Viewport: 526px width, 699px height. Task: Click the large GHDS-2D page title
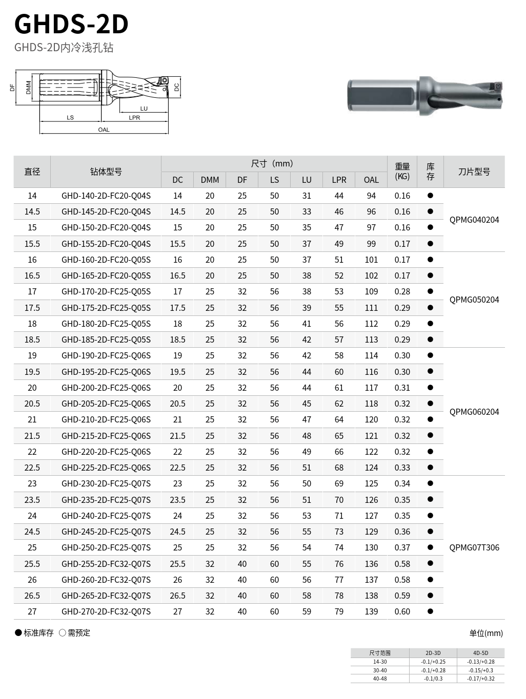click(x=71, y=24)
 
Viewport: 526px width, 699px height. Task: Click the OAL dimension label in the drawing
click(x=104, y=130)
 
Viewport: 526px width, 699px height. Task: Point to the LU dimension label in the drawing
click(x=144, y=109)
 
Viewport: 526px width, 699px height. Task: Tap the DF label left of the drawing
click(x=12, y=88)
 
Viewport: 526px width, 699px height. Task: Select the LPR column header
click(x=339, y=180)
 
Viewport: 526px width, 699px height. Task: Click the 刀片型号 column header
click(x=474, y=172)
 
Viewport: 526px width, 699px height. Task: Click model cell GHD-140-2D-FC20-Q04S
click(x=106, y=196)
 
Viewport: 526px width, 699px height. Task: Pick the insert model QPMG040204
click(x=474, y=220)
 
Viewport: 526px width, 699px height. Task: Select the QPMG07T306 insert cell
click(x=474, y=547)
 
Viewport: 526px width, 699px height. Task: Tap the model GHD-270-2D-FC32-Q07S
click(x=106, y=611)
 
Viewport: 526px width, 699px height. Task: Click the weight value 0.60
click(x=402, y=611)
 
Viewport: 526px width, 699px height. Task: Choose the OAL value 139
click(x=371, y=611)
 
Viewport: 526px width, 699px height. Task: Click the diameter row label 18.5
click(x=32, y=340)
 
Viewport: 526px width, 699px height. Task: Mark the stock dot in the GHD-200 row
click(x=430, y=388)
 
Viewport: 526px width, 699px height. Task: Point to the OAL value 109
click(x=371, y=291)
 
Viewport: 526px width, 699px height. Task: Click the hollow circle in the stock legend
click(x=63, y=633)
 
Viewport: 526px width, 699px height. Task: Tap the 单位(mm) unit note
click(x=486, y=633)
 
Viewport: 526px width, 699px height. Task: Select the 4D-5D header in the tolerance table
click(x=480, y=653)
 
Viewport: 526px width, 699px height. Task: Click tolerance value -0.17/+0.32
click(x=480, y=679)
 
